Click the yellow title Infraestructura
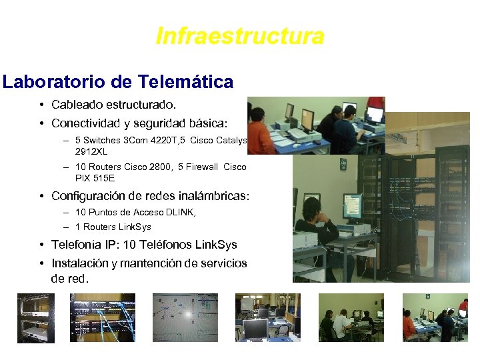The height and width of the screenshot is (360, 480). click(240, 36)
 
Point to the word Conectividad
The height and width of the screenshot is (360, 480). click(87, 124)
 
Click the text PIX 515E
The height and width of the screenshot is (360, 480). click(95, 179)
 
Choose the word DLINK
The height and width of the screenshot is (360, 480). click(181, 213)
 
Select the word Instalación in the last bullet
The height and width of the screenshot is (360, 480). click(79, 264)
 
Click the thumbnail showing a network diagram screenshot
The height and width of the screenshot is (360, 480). click(185, 317)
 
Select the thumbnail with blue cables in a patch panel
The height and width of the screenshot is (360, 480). click(103, 317)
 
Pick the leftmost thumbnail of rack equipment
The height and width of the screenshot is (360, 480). click(36, 317)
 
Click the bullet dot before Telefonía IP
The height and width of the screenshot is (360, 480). click(42, 245)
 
